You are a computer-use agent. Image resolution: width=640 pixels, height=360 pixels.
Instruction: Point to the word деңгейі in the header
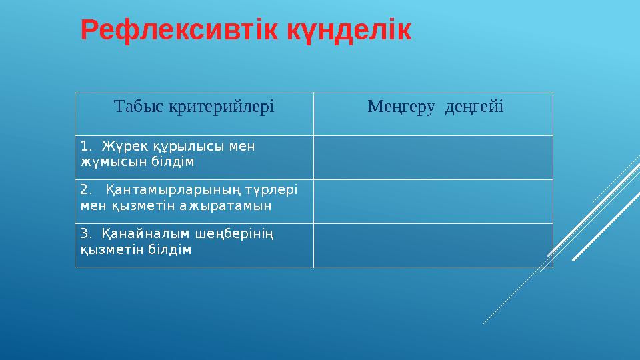tap(475, 106)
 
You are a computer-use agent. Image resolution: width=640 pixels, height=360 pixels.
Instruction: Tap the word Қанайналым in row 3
tap(136, 233)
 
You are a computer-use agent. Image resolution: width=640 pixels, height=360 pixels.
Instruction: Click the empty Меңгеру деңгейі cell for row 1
tap(433, 157)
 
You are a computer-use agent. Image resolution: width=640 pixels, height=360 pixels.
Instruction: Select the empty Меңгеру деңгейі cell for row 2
tap(433, 201)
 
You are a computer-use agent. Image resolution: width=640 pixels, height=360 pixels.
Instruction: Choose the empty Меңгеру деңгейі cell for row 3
tap(433, 245)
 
